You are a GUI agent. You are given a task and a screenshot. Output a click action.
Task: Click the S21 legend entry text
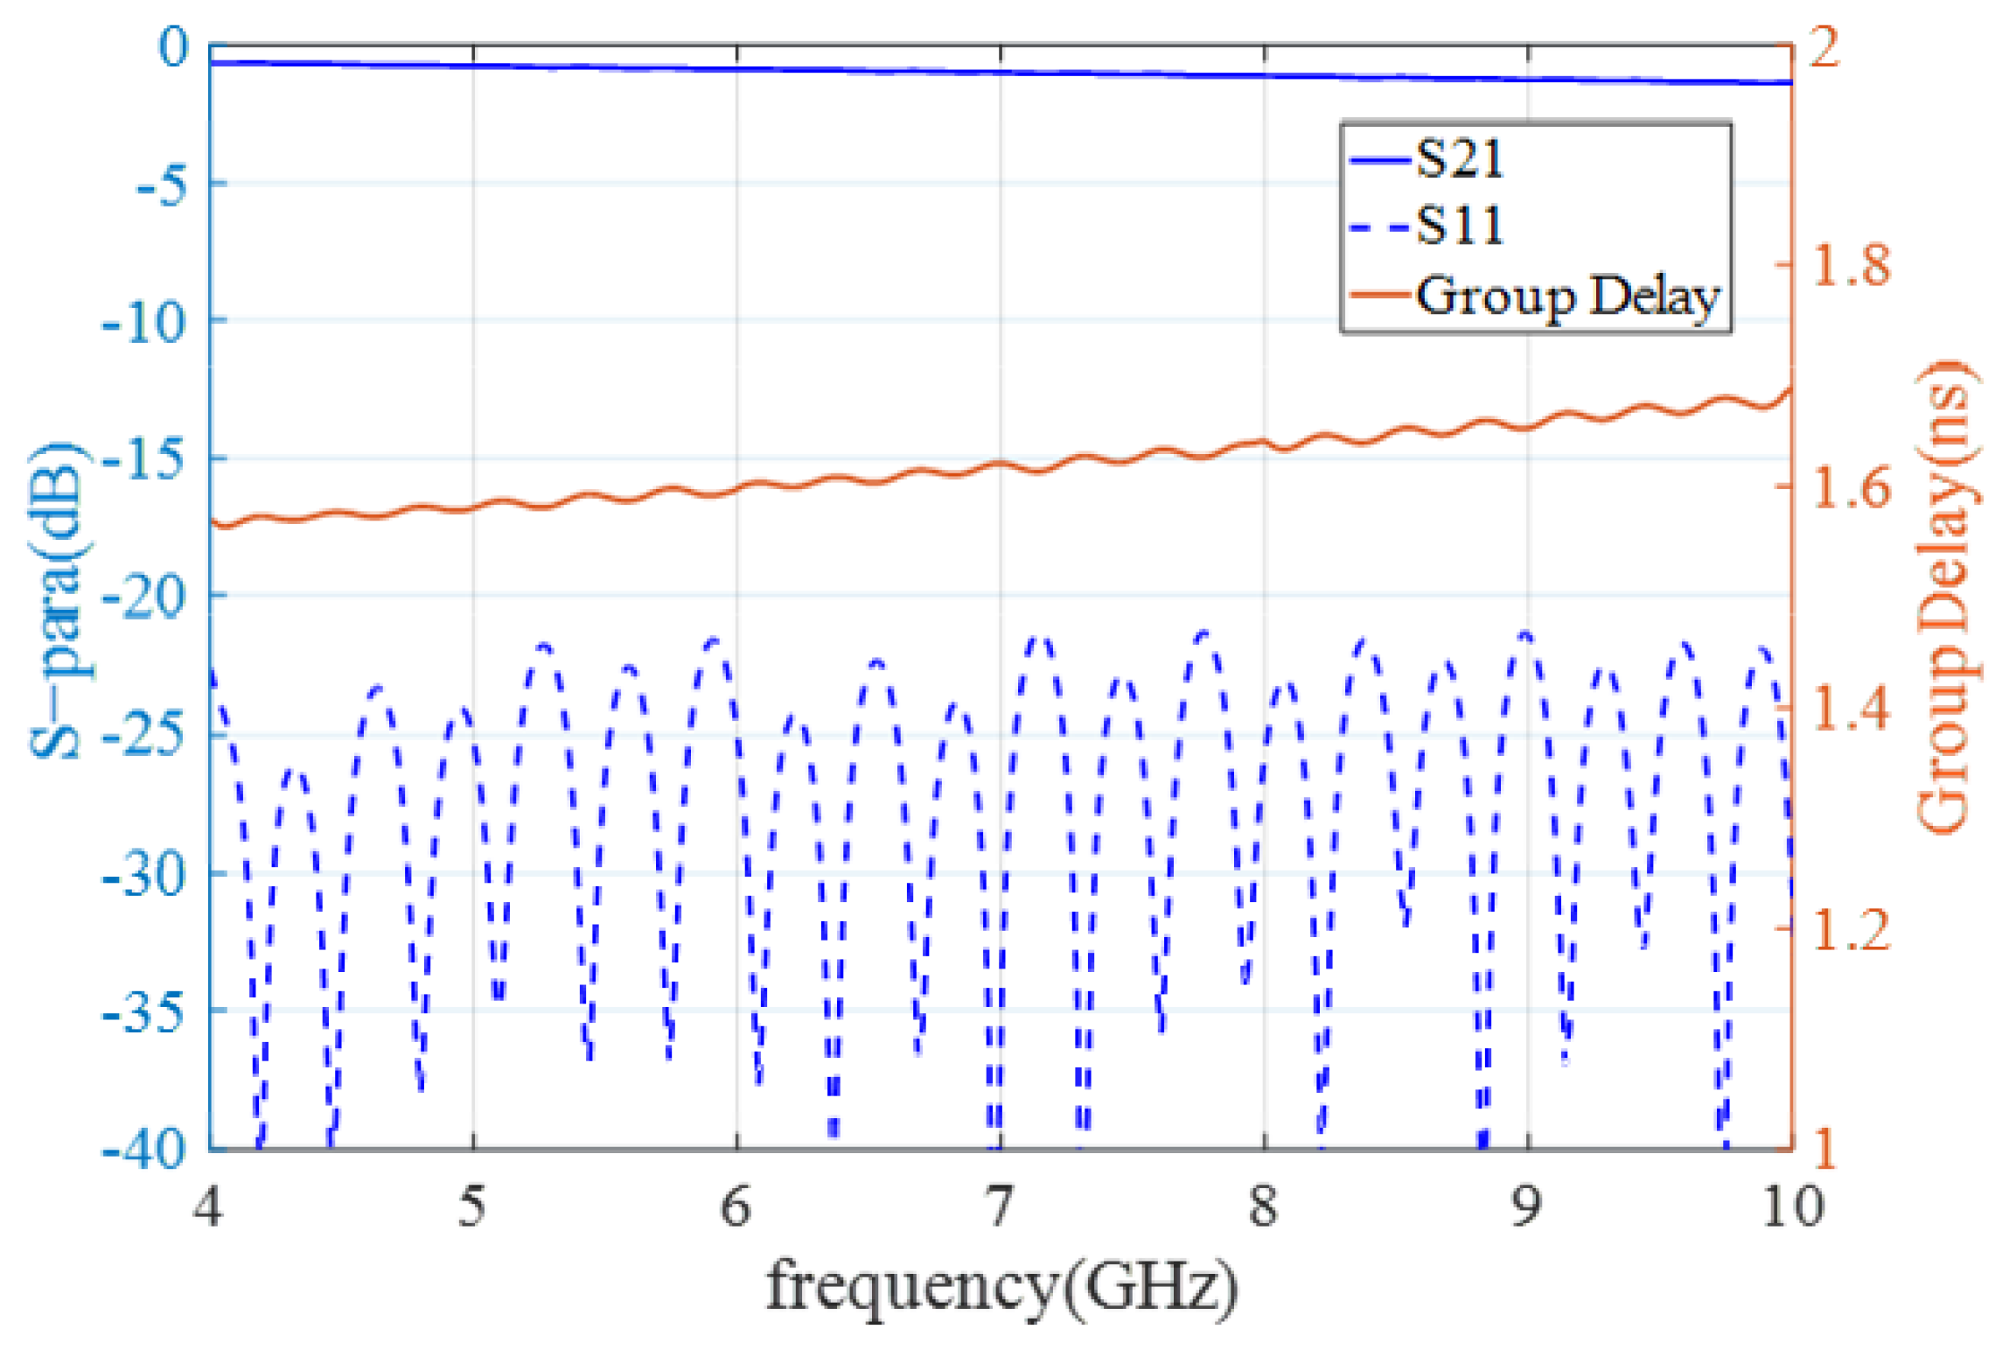tap(1459, 160)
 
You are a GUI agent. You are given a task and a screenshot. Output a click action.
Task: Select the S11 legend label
tap(1459, 226)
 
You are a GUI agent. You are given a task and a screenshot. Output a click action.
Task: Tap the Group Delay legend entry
tap(1566, 296)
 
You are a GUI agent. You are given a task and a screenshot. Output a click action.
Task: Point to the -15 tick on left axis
tap(144, 458)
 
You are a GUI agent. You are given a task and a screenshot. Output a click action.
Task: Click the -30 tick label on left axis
tap(144, 873)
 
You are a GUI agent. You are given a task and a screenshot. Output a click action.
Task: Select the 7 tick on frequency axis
tap(1000, 1207)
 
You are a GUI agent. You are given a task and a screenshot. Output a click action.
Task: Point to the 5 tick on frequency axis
tap(472, 1207)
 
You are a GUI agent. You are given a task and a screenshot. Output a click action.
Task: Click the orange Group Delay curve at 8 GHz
tap(1264, 443)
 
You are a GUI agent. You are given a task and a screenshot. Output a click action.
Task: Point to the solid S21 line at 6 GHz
tap(736, 68)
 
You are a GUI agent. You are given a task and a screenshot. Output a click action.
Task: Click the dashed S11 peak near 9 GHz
tap(1526, 633)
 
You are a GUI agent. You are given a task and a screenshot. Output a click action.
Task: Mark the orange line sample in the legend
tap(1380, 295)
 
